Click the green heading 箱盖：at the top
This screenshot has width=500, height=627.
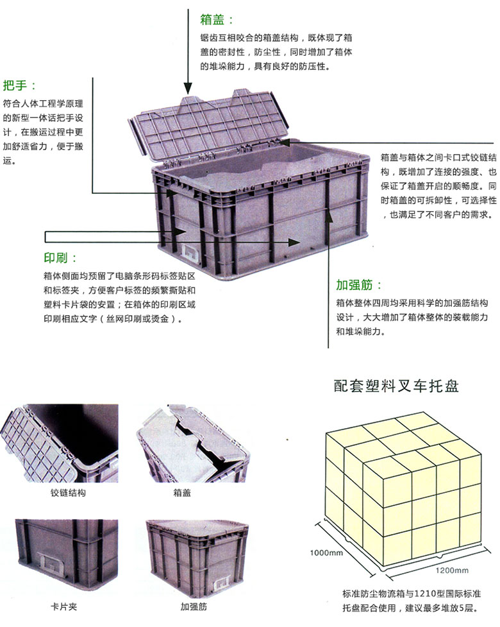[x=217, y=20]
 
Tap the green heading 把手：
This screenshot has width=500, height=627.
[x=20, y=85]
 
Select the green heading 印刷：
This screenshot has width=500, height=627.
[x=60, y=257]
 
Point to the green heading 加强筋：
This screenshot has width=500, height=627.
[x=358, y=285]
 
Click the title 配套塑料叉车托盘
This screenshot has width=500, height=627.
[x=396, y=386]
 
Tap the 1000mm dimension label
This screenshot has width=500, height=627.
[x=326, y=553]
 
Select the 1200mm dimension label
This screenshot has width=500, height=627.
[x=452, y=571]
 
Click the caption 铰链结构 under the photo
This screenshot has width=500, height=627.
[x=68, y=493]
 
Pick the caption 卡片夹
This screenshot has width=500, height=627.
[x=64, y=606]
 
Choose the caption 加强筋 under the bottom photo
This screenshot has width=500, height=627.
[x=194, y=606]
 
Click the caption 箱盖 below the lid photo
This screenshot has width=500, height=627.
[x=182, y=493]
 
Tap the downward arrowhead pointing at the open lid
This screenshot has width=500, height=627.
[x=188, y=89]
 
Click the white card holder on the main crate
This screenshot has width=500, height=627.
[x=192, y=253]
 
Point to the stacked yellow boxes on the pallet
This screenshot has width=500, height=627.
[x=403, y=486]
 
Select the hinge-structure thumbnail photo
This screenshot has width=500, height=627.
[x=59, y=443]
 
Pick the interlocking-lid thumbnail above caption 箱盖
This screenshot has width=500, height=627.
[x=192, y=443]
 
